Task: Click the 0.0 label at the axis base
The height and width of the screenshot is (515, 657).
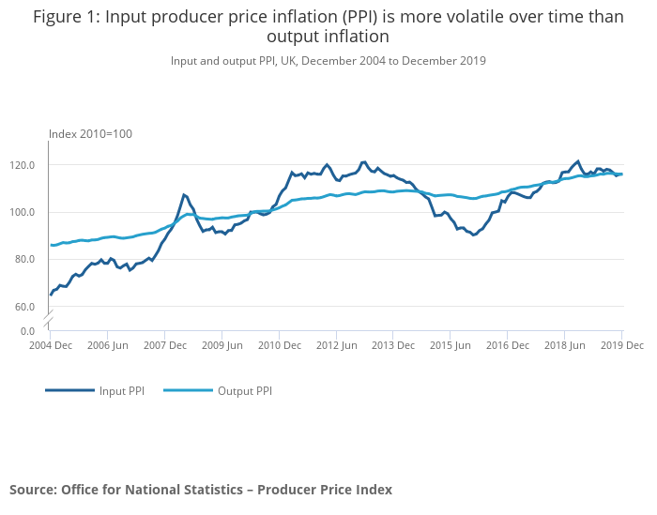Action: coord(28,331)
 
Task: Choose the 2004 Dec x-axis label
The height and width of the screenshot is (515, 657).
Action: coord(50,345)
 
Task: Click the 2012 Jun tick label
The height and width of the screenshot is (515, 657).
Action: coord(335,345)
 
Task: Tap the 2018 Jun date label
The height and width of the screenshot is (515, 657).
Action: coord(563,345)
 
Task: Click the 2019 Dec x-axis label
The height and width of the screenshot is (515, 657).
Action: coord(621,345)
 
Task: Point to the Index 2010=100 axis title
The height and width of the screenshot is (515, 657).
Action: coord(90,134)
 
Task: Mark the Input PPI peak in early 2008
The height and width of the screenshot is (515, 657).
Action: coord(184,195)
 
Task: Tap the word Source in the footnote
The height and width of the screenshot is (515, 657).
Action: coord(33,490)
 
